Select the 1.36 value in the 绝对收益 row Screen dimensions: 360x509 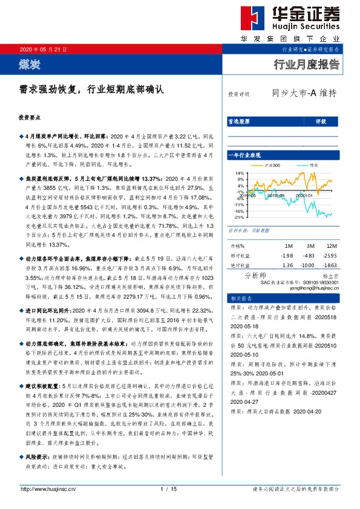click(x=287, y=265)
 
